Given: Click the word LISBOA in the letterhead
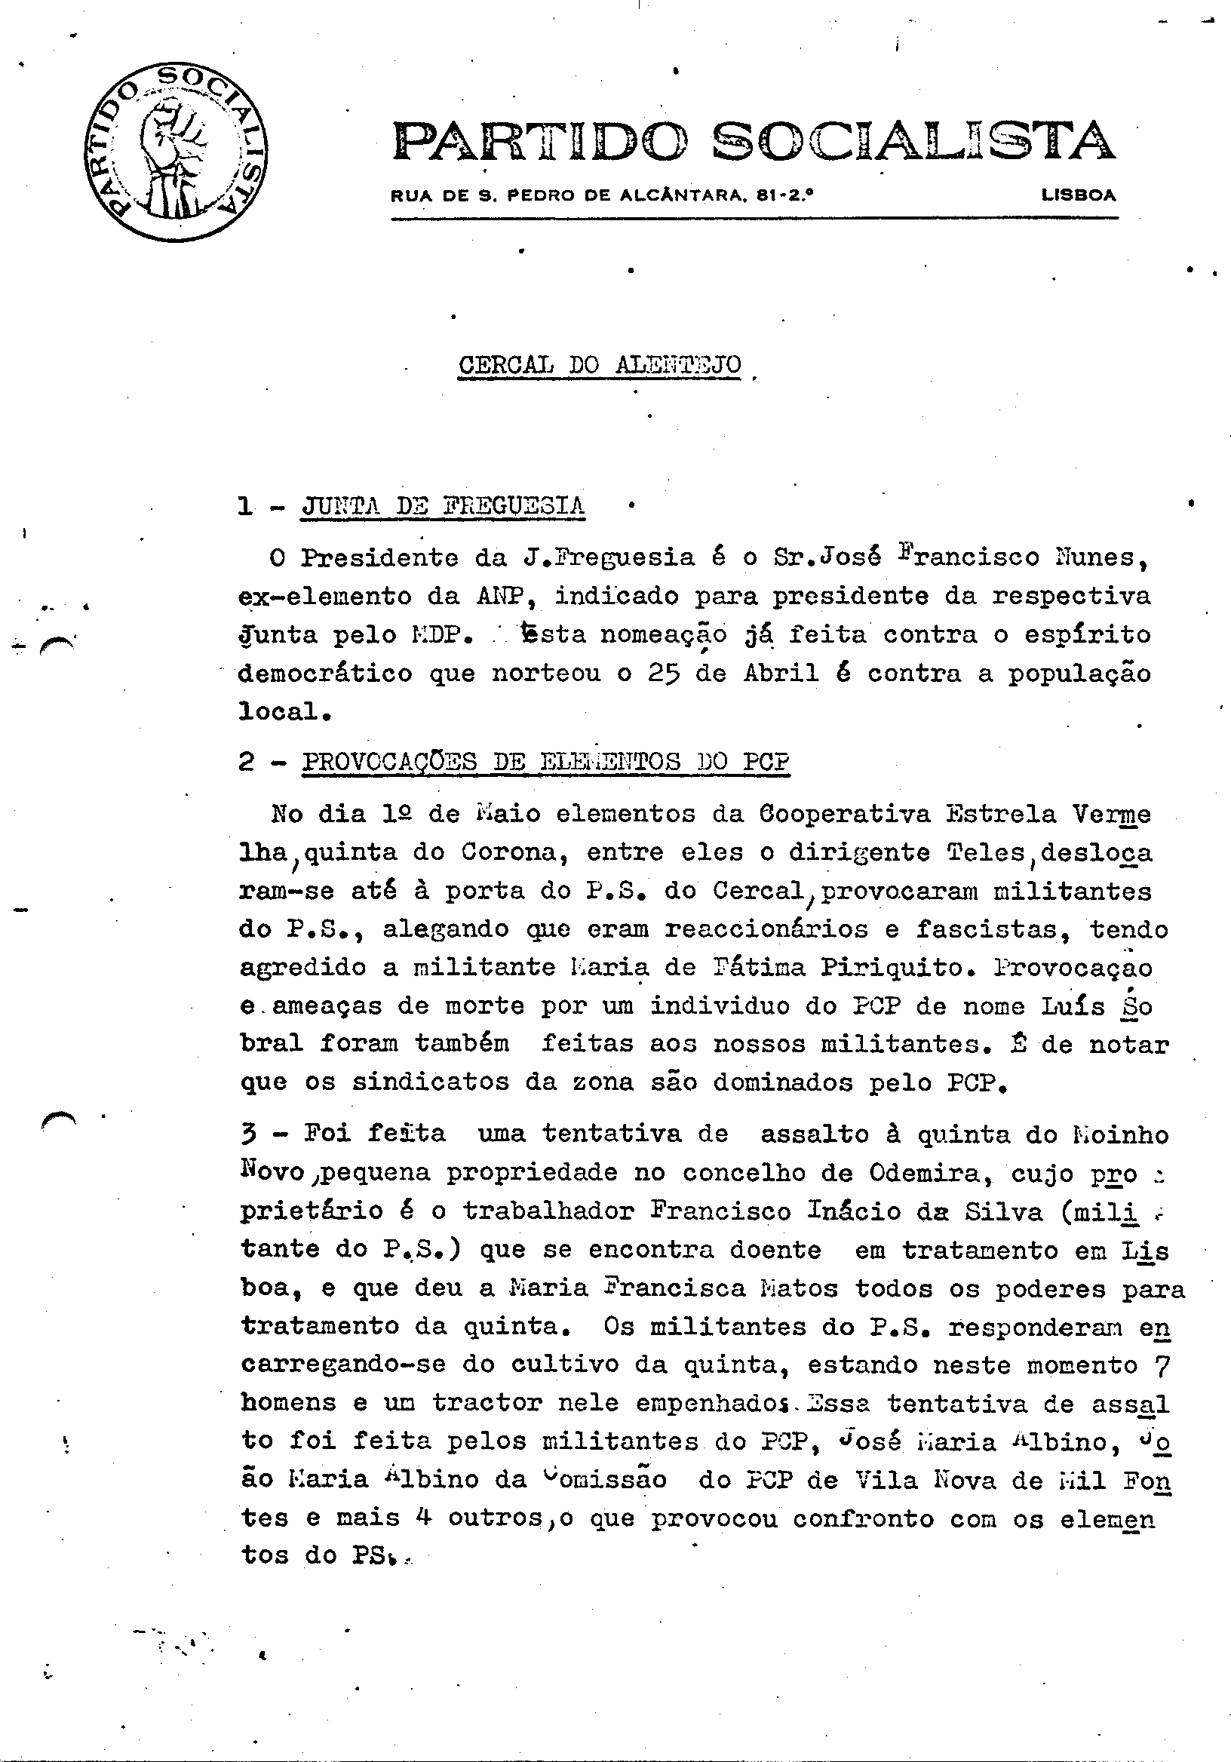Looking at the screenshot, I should (1079, 195).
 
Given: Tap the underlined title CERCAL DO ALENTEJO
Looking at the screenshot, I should (600, 364).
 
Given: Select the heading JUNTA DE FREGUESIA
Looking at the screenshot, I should (443, 505).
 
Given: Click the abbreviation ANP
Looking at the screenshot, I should (504, 596).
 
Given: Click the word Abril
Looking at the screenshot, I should (781, 673).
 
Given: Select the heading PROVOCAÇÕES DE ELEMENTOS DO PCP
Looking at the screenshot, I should (545, 761).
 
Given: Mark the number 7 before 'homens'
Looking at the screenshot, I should (1160, 1364).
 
